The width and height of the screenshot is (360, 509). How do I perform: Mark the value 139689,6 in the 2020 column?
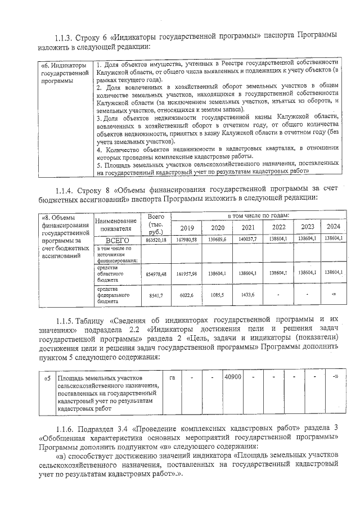(x=217, y=240)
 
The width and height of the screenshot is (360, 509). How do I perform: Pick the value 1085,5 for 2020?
(x=217, y=294)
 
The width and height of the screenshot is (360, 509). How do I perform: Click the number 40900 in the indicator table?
(x=233, y=376)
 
